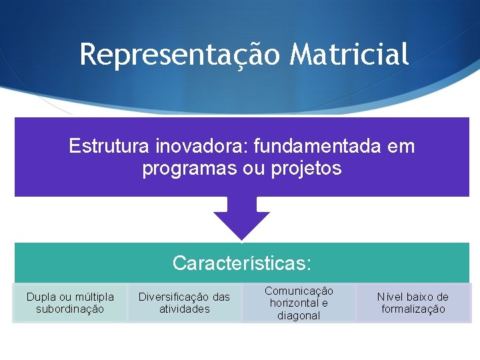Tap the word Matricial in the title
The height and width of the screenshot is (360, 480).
pos(349,55)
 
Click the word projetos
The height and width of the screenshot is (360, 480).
pos(307,169)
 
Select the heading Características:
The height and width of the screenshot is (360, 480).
pos(241,263)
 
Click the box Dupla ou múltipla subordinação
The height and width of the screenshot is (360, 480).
pos(70,303)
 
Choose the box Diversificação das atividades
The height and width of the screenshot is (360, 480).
pos(184,303)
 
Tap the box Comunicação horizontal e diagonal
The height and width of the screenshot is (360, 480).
pos(299,303)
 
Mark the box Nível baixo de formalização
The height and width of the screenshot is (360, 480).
pos(413,303)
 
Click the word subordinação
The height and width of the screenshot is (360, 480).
pos(70,309)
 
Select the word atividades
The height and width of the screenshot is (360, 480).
pos(184,309)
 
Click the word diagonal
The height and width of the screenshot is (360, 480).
pos(299,315)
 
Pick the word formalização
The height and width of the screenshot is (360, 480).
pos(413,309)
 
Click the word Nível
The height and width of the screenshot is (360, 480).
pos(390,297)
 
